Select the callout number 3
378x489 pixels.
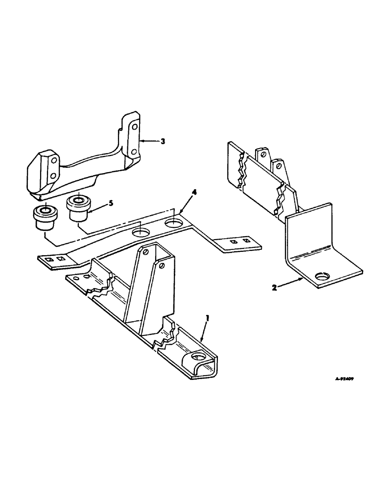click(x=163, y=141)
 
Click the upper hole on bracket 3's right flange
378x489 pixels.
click(x=134, y=128)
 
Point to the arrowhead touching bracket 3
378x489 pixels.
click(x=142, y=141)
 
